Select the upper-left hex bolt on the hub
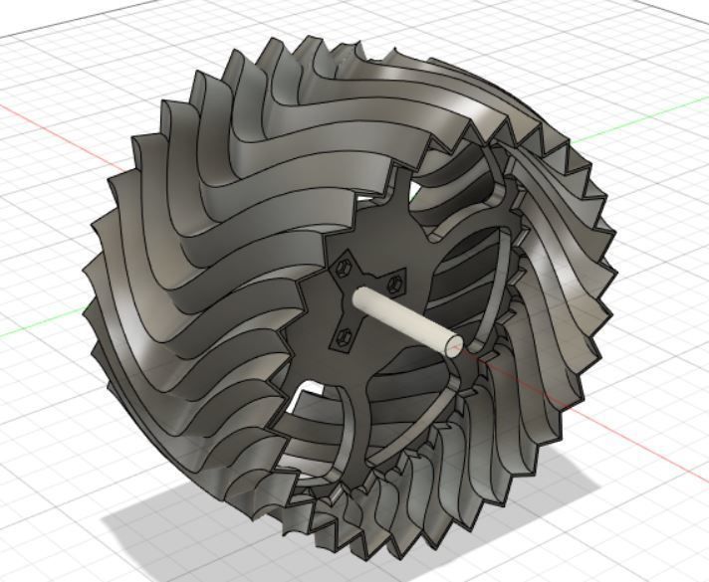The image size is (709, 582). [x=345, y=266]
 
